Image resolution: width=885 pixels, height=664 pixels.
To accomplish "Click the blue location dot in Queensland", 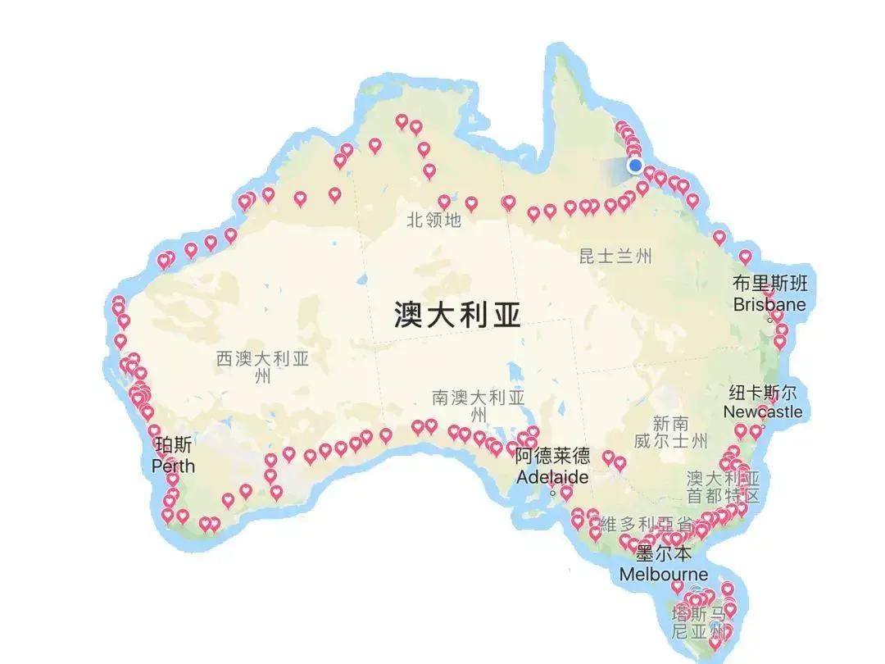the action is (x=635, y=166).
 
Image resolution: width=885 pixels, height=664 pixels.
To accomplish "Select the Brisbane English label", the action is (x=769, y=305).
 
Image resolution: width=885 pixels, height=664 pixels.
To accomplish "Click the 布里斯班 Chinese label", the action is (x=769, y=284).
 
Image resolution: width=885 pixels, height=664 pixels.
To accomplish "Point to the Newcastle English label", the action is (x=762, y=412).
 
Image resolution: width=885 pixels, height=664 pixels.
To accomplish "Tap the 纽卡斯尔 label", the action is (x=762, y=391).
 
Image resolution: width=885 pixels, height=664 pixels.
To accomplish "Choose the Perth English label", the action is (x=174, y=466).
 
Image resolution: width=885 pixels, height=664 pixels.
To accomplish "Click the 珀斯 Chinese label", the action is (x=174, y=445).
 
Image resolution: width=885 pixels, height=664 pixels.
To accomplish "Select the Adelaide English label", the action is (x=551, y=476).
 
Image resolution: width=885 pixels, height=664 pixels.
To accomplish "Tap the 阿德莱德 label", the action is (x=551, y=456).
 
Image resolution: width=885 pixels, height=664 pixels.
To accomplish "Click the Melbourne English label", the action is (x=664, y=573).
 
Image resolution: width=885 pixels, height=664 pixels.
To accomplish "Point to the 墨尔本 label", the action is (x=664, y=553).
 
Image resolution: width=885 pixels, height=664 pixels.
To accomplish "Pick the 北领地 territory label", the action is (x=433, y=220).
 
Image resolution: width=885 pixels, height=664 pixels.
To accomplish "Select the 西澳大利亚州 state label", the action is (x=262, y=367).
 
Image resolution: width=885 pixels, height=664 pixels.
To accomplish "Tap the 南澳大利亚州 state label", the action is (x=478, y=406).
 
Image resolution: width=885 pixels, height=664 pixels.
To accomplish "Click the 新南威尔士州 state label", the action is (x=670, y=432).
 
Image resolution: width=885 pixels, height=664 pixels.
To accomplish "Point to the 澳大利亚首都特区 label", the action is (x=724, y=486).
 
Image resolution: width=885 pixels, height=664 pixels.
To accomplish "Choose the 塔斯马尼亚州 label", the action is (x=699, y=623).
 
